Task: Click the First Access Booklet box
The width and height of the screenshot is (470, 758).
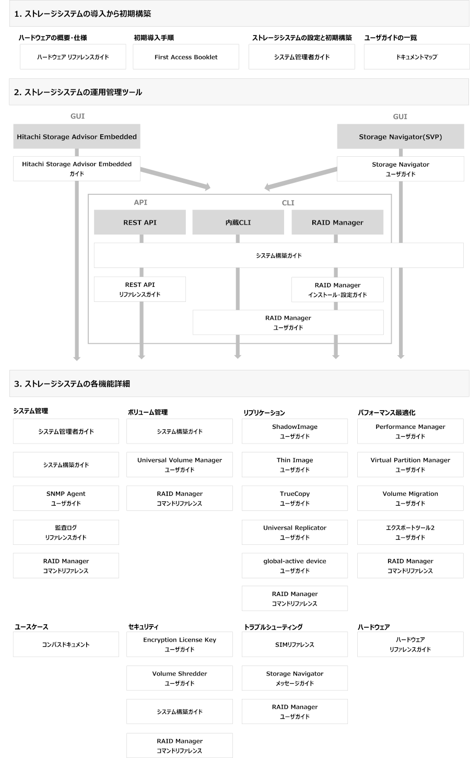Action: [186, 57]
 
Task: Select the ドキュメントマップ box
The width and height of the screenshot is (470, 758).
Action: [416, 57]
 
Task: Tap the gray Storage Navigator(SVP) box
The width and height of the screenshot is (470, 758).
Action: [401, 137]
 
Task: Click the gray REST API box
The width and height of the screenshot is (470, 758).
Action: [140, 223]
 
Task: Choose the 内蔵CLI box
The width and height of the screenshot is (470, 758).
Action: [238, 223]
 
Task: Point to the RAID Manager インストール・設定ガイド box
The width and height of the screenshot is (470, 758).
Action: [337, 290]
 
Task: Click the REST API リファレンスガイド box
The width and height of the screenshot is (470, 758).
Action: [140, 289]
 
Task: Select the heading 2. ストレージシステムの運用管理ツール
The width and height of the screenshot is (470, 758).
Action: [78, 92]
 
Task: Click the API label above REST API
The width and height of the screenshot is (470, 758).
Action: [140, 203]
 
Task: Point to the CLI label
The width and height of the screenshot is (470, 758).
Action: [288, 203]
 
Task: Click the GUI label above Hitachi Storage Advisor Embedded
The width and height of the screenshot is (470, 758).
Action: [77, 116]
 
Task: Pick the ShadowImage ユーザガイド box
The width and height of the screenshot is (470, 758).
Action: [295, 432]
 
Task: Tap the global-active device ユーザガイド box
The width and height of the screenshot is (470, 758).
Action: [295, 566]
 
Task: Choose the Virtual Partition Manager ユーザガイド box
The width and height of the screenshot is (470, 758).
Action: [410, 465]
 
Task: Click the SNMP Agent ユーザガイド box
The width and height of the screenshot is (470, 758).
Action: [66, 498]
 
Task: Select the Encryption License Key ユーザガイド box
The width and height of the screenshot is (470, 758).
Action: [180, 645]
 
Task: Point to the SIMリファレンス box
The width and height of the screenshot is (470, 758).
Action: [295, 645]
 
